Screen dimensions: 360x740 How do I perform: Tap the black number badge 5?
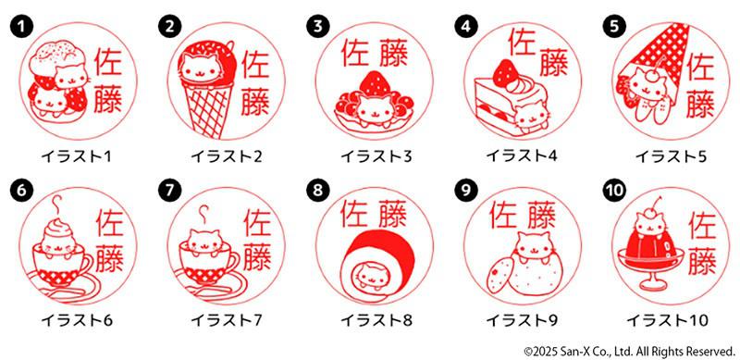tap(614, 26)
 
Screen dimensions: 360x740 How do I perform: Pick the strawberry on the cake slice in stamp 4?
tap(506, 69)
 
